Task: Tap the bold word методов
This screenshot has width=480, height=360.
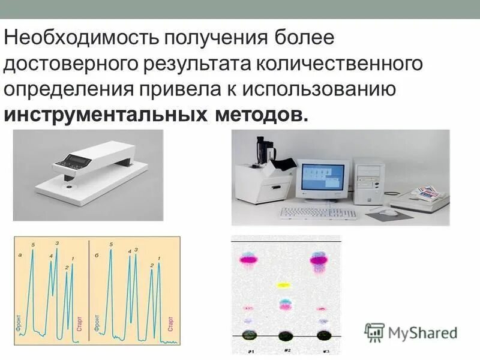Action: tap(259, 114)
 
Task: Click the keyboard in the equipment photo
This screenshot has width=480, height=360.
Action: tap(318, 212)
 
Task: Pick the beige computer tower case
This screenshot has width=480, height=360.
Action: tap(368, 181)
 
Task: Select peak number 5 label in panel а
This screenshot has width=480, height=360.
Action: tap(33, 245)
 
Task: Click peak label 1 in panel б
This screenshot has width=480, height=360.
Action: tap(158, 258)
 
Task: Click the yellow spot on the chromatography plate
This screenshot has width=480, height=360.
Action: tap(283, 285)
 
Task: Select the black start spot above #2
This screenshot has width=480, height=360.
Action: tap(286, 335)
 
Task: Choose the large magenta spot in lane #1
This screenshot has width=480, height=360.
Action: tap(248, 259)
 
